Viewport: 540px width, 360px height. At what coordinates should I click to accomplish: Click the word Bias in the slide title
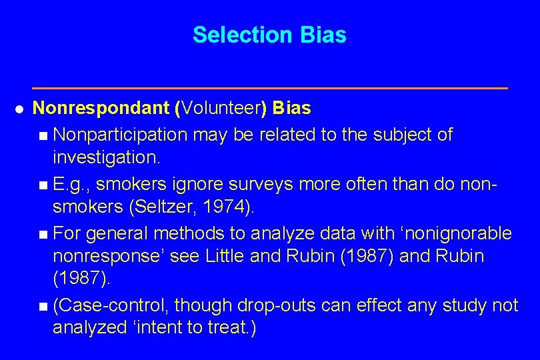pos(323,35)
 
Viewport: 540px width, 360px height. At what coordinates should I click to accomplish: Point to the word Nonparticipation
pos(121,135)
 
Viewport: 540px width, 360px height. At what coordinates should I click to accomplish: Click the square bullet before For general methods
pos(43,233)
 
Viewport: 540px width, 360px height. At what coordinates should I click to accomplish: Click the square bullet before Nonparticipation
pos(43,135)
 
